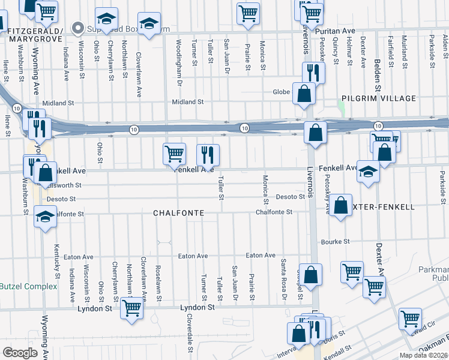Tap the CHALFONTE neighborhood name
(179, 213)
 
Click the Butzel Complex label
(28, 286)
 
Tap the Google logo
(20, 353)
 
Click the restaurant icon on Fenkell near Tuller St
(208, 155)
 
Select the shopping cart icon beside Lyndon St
(131, 308)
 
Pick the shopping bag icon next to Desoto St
(340, 206)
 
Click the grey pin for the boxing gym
(77, 28)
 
